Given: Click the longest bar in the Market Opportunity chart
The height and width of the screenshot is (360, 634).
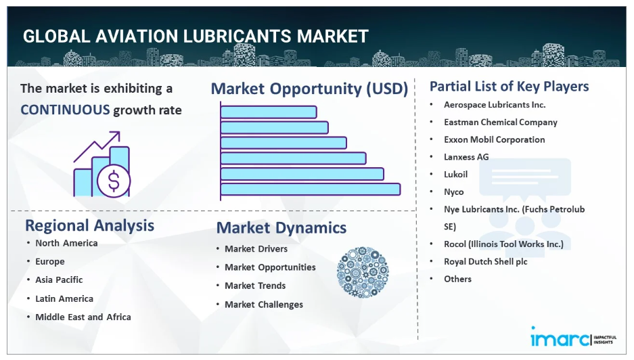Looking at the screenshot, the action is [311, 189].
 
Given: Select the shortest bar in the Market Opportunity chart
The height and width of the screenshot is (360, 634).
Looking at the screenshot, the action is [269, 112].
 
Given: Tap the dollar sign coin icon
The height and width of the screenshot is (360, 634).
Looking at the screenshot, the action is [114, 181].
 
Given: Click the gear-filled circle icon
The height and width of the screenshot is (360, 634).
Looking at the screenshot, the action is [363, 272].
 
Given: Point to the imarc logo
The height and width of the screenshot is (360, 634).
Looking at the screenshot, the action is [573, 337].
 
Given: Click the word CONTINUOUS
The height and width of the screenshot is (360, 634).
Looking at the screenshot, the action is [65, 110].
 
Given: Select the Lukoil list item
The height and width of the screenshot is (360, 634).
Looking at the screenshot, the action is [455, 175].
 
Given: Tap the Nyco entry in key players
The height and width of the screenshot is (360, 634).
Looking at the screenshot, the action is [453, 192].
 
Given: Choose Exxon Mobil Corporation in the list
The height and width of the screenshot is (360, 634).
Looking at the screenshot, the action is [495, 139].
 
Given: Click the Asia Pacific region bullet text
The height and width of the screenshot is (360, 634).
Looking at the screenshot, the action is [59, 280].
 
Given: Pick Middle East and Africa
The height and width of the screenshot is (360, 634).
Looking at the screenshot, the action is [83, 317].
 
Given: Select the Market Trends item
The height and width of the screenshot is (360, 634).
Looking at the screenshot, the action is [255, 286].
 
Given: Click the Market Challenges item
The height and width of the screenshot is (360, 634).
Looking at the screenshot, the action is [264, 305].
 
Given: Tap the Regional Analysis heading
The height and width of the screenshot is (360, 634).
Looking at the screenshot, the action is [90, 226].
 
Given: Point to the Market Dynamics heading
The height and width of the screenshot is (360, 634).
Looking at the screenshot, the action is [281, 228].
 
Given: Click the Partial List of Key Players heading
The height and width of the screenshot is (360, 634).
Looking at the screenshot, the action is [509, 87].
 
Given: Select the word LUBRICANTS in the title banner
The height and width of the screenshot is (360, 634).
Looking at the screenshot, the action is [237, 37].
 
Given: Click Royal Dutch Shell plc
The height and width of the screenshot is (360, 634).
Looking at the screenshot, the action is [486, 262].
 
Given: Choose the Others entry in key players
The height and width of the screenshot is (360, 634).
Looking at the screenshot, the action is [457, 279].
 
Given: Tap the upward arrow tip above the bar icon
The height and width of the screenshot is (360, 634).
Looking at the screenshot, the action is [120, 132].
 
